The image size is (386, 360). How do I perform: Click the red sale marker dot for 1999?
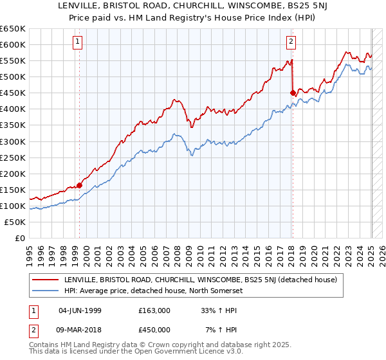[80, 185]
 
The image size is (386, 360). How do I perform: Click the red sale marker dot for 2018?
[293, 93]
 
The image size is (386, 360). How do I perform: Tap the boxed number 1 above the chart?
[77, 42]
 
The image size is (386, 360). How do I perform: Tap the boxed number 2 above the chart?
[291, 42]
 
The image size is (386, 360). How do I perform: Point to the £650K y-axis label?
[13, 29]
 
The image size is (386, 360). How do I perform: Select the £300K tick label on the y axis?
[13, 141]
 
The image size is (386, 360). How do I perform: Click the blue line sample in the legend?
[44, 290]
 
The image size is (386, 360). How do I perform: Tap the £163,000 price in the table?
[154, 310]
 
